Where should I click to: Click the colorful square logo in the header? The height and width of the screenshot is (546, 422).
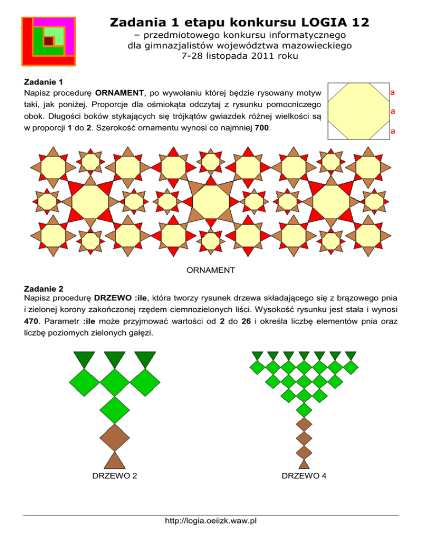pos(48,40)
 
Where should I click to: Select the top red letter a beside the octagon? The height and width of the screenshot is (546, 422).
pos(393,92)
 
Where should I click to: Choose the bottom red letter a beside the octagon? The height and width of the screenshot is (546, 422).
pos(393,132)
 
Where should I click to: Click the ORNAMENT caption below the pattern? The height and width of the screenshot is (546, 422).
pos(211,270)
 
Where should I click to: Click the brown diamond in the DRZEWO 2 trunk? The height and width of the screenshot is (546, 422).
pos(114,438)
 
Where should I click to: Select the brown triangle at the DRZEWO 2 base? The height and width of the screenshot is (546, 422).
pos(114,460)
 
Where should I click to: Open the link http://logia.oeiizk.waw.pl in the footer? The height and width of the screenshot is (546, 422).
pos(211,521)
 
